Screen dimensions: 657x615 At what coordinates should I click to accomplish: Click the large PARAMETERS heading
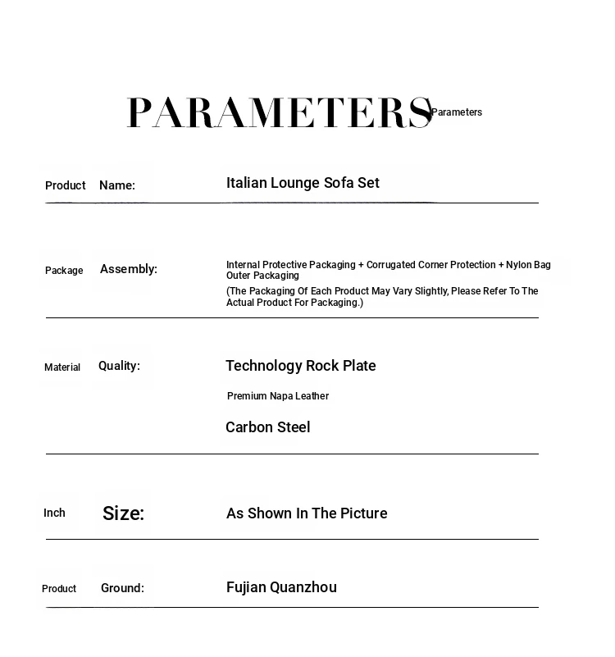(279, 112)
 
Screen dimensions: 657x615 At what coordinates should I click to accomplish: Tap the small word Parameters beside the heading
(457, 112)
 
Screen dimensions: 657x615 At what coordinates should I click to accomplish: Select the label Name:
(117, 185)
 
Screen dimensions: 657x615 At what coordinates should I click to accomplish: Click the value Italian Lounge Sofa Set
(303, 183)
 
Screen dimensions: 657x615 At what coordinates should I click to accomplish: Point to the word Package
(64, 271)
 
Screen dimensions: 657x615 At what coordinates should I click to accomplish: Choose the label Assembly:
(129, 269)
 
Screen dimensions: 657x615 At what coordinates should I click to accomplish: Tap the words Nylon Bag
(528, 265)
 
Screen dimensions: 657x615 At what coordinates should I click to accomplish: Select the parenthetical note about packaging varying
(382, 297)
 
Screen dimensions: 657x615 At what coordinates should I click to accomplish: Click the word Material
(62, 367)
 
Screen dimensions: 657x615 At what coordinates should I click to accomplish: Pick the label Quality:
(119, 366)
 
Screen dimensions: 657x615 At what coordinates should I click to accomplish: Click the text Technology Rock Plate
(301, 366)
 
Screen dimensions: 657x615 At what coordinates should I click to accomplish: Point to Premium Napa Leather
(278, 396)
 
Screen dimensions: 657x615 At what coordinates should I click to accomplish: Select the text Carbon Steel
(267, 427)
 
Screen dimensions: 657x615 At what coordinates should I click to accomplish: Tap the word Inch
(54, 513)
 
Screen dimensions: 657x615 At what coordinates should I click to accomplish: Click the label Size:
(123, 513)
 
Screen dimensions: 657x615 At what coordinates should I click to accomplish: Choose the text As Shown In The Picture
(307, 513)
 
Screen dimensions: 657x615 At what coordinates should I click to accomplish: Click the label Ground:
(122, 588)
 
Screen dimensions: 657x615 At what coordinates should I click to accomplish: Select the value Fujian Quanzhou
(281, 587)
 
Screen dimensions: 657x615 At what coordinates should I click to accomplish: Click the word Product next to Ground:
(59, 589)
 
